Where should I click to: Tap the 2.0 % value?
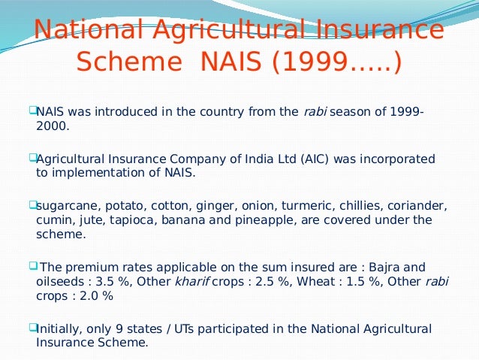[x=95, y=295]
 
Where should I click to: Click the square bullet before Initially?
[x=32, y=327]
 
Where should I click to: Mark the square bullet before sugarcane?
[x=32, y=204]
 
